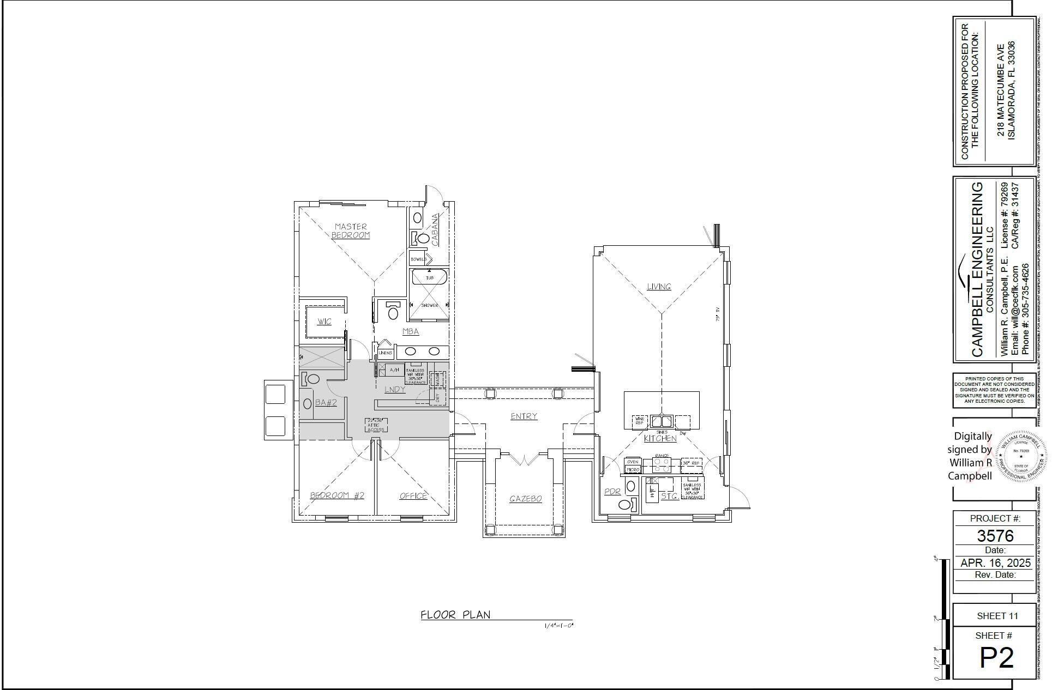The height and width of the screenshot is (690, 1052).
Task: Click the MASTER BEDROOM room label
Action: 351,231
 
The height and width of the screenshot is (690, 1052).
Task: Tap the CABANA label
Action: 435,229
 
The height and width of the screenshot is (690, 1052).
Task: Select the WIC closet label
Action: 324,322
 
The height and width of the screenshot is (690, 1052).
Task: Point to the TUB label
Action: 429,278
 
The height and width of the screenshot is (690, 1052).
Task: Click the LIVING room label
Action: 658,287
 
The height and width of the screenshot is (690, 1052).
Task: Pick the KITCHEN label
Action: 660,438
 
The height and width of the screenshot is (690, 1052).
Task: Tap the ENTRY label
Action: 524,416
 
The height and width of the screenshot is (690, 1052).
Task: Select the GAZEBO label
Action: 525,499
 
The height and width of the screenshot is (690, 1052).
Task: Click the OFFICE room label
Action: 413,496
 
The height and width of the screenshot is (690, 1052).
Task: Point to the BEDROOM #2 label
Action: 337,495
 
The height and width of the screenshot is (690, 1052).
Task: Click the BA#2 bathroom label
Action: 326,403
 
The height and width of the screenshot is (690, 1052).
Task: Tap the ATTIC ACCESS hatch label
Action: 376,425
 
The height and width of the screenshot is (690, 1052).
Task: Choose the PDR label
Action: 612,492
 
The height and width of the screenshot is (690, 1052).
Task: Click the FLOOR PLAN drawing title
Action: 455,615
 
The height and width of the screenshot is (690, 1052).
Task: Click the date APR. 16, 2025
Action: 995,562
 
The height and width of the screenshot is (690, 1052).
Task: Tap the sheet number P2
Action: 996,658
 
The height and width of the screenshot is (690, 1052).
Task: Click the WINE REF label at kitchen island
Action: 639,421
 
